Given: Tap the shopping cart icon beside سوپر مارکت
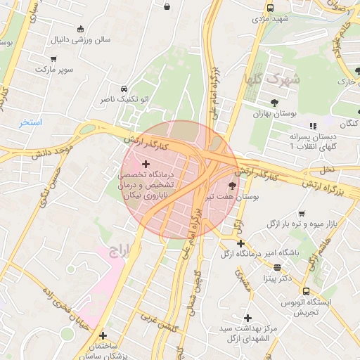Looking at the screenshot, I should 54,59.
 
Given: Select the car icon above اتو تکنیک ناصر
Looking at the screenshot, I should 124,89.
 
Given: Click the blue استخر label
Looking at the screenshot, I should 31,122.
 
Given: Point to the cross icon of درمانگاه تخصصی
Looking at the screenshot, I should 146,164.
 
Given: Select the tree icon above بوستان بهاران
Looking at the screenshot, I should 274,103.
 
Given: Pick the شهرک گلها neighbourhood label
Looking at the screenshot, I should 272,79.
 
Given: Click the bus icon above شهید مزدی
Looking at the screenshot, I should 271,8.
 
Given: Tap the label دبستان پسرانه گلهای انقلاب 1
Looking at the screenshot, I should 313,141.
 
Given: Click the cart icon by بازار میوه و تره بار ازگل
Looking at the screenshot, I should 302,214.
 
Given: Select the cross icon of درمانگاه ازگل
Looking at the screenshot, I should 241,243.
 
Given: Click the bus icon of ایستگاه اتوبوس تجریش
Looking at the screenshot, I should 306,291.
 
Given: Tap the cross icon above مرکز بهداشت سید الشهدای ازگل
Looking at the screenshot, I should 247,319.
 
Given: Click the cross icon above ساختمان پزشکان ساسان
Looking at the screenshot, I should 103,335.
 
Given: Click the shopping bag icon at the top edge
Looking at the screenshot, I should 167,6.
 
